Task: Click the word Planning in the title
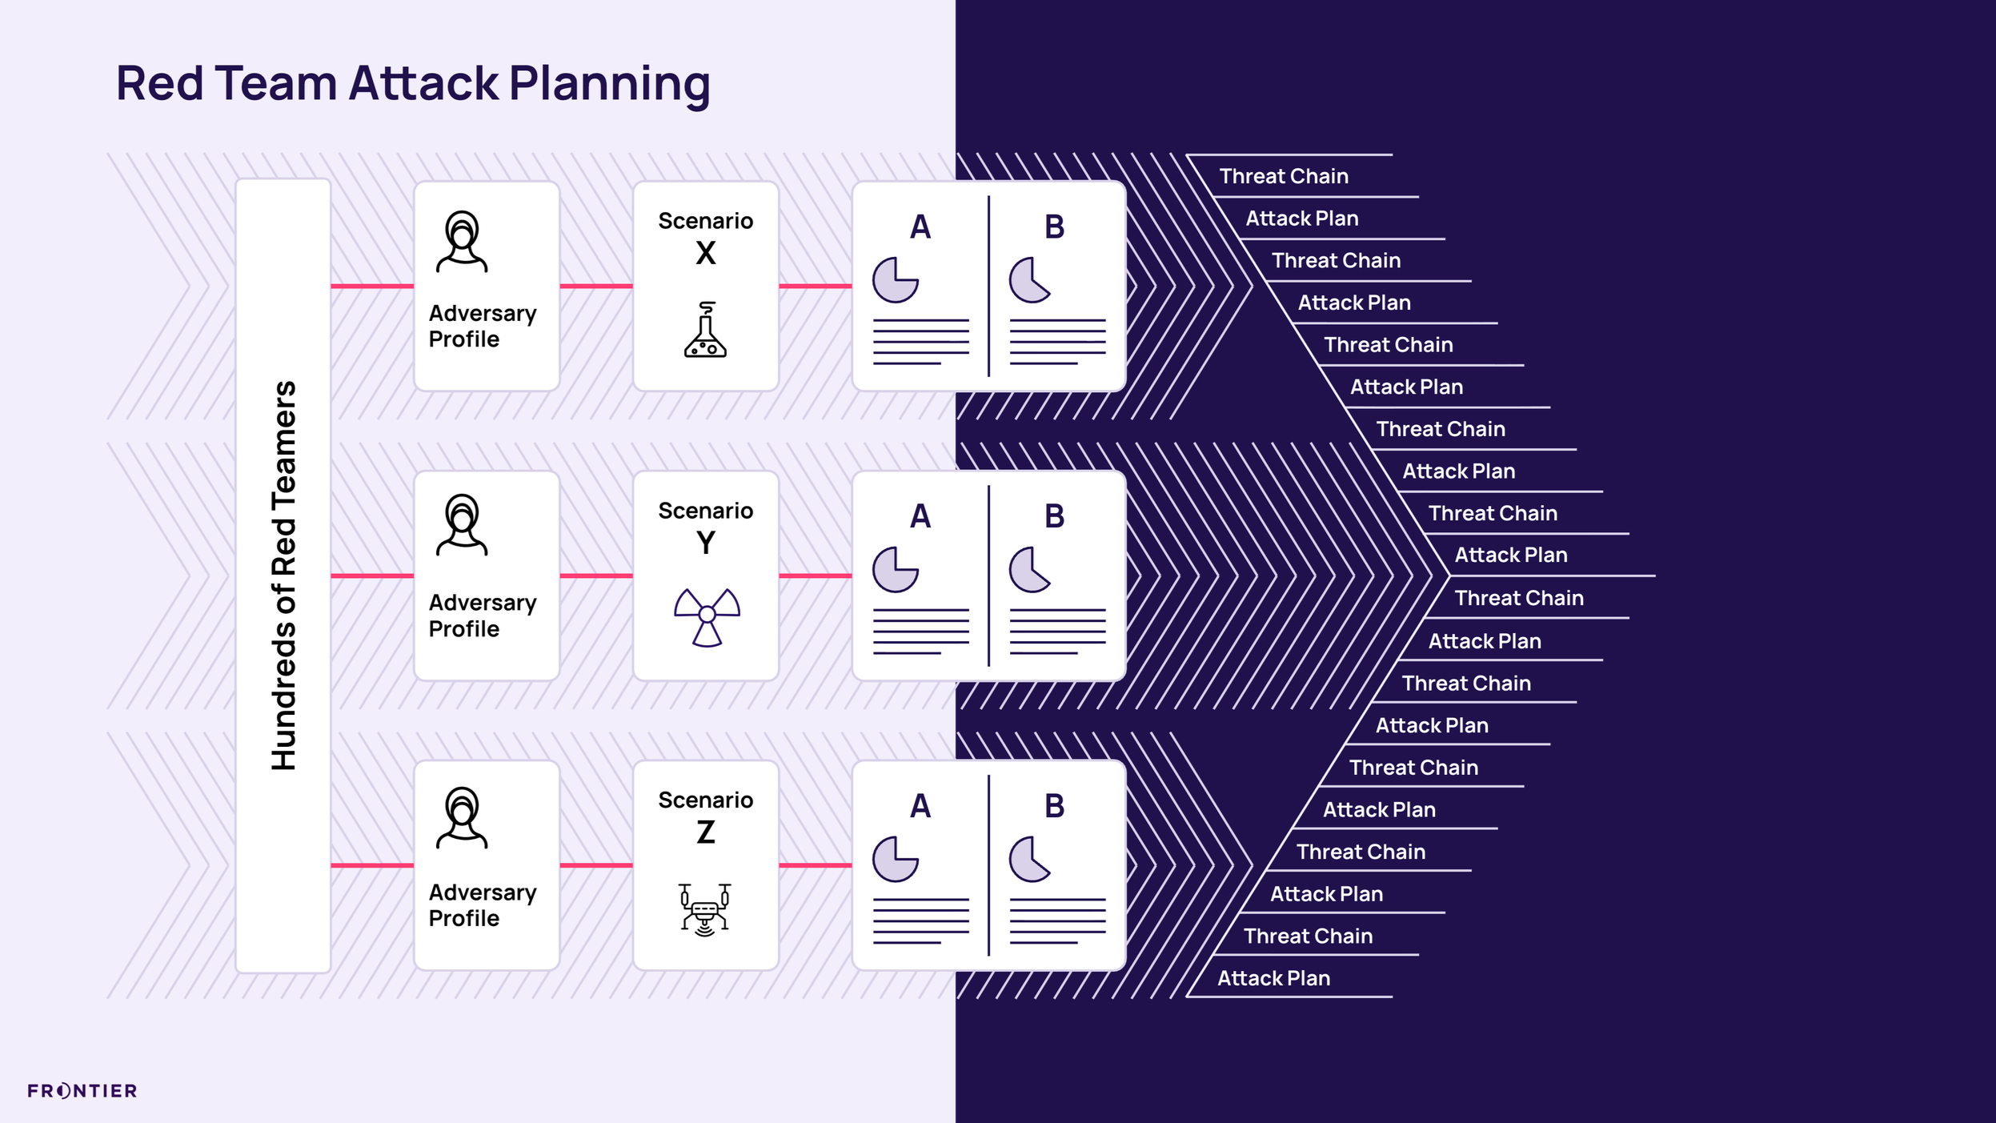(x=609, y=84)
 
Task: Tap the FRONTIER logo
(x=82, y=1090)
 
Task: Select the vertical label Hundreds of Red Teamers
(x=283, y=576)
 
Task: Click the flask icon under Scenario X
(x=705, y=330)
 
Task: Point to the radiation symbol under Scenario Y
(x=707, y=616)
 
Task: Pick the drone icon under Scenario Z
(x=704, y=908)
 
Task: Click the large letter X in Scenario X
(x=705, y=254)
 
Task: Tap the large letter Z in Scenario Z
(x=705, y=833)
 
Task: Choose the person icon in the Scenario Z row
(x=462, y=817)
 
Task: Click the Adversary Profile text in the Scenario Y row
(x=482, y=616)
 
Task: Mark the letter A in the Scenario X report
(x=920, y=227)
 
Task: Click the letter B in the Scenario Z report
(x=1054, y=806)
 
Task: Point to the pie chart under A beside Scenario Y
(x=895, y=570)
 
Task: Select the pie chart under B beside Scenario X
(x=1029, y=280)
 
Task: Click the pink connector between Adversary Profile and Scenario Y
(x=596, y=576)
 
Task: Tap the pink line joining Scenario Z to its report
(x=815, y=865)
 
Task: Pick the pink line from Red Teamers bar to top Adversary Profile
(x=372, y=286)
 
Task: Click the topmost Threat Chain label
(x=1284, y=176)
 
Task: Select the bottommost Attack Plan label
(x=1273, y=978)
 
